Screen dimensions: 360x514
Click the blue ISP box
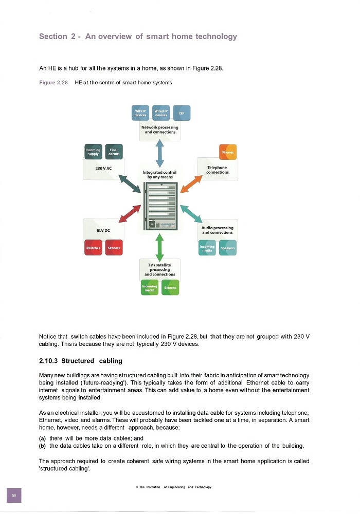click(182, 113)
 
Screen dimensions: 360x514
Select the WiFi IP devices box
click(140, 113)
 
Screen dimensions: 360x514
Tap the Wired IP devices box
click(161, 113)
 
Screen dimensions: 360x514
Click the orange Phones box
click(227, 152)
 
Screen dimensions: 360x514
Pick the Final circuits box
click(114, 152)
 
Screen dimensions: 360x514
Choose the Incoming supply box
click(93, 152)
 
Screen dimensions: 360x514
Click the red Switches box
click(93, 248)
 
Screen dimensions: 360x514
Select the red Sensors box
click(114, 248)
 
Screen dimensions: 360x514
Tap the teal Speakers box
click(227, 248)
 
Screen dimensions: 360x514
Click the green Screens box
click(170, 287)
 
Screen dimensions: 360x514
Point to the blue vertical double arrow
click(159, 153)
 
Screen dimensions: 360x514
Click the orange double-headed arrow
click(191, 184)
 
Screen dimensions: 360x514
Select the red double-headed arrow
click(130, 214)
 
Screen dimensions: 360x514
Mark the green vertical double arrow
click(159, 247)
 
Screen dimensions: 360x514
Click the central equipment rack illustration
click(160, 206)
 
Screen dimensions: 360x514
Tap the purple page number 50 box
click(14, 495)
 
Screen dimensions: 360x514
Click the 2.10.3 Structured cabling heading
click(81, 361)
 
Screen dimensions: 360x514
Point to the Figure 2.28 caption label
click(53, 83)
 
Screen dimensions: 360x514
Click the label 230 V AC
click(103, 168)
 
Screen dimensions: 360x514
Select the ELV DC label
click(103, 230)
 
